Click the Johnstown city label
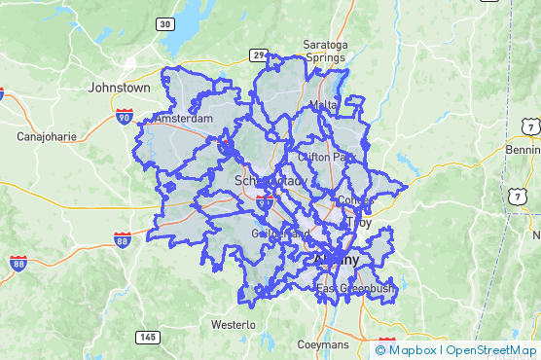(119, 88)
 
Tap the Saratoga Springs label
(324, 52)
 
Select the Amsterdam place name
(183, 118)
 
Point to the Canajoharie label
(47, 137)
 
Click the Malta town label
(322, 105)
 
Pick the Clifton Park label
(326, 156)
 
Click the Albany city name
(336, 261)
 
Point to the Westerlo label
(233, 324)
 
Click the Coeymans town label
(323, 345)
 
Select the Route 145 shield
(147, 337)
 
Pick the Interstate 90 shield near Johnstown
(124, 117)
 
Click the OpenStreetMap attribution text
(491, 350)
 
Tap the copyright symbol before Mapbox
(380, 350)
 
